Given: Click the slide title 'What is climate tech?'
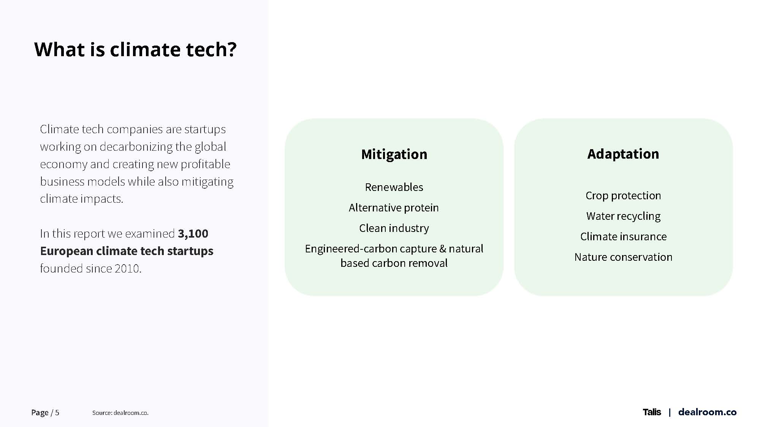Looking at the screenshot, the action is pos(135,49).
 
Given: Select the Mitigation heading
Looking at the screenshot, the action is pos(394,154).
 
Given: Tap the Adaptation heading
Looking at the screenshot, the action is pos(623,154).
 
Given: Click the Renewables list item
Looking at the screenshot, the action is pos(394,187).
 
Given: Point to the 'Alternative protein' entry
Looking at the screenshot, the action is pos(394,208).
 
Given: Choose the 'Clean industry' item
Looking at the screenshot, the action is pos(394,228).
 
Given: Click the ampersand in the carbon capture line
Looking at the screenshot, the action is pos(443,249).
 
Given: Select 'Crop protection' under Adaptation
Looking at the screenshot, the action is pos(623,195).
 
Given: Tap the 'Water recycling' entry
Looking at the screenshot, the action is pos(623,216).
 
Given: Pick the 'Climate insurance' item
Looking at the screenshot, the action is pos(623,236).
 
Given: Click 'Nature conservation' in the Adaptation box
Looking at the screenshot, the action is pos(623,257).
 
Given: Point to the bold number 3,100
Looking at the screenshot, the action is pos(193,234).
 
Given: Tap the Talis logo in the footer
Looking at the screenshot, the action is pos(652,412).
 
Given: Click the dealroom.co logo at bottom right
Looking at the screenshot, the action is pos(707,412).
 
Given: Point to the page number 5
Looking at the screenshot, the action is pos(57,413).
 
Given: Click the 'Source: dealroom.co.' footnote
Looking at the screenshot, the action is pos(120,413).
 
